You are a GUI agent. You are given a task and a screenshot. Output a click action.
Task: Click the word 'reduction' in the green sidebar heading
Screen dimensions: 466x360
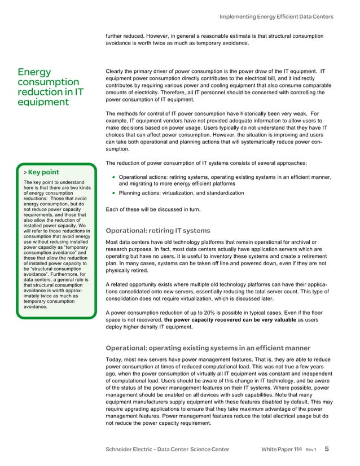click(41, 92)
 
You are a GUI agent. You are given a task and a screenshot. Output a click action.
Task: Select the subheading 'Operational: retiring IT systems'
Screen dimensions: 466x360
click(158, 231)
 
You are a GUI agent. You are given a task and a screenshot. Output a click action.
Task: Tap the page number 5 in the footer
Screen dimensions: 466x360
click(327, 449)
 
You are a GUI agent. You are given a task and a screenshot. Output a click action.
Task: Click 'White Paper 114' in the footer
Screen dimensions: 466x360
click(282, 449)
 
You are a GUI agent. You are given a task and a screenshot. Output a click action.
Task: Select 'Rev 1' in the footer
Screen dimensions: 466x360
click(311, 450)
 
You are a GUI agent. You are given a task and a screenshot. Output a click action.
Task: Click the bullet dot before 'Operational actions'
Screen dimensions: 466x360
click(113, 177)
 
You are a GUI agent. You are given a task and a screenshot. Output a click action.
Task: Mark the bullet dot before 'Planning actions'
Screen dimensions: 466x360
click(113, 193)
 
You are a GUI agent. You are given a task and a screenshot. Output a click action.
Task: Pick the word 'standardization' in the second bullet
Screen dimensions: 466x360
click(222, 193)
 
